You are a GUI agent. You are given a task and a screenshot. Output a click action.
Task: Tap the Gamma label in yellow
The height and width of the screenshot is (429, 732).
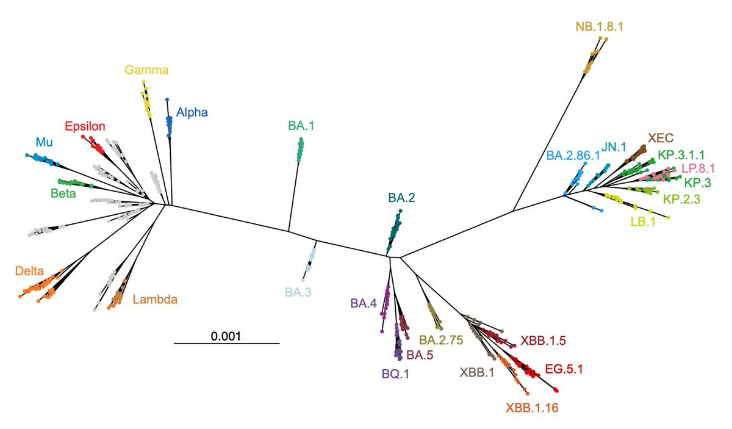(x=146, y=70)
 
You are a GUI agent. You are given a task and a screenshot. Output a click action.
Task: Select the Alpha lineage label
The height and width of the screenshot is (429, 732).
(x=192, y=112)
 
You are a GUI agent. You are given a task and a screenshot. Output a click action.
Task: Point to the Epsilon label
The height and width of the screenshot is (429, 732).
(x=85, y=126)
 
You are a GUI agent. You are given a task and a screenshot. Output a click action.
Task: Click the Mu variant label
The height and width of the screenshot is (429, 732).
(x=44, y=142)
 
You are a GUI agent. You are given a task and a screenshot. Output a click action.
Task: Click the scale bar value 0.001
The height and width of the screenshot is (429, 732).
(x=226, y=335)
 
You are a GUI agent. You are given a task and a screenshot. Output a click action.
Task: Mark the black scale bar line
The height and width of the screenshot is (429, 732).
(x=226, y=343)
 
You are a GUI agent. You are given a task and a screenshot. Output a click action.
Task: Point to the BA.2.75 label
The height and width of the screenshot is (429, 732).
(x=442, y=339)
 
